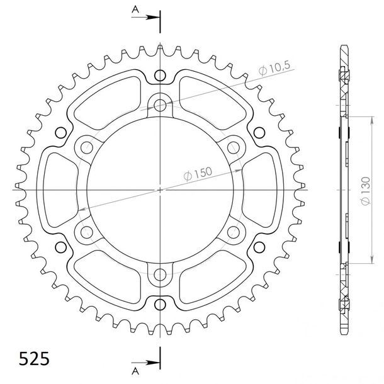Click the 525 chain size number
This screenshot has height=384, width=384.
click(x=34, y=359)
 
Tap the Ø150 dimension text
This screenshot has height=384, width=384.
click(x=198, y=173)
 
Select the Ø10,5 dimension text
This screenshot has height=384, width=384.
click(x=274, y=68)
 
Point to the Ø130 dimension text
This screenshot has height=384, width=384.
click(x=365, y=191)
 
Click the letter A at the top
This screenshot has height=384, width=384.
click(x=135, y=9)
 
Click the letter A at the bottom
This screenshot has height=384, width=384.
click(x=135, y=371)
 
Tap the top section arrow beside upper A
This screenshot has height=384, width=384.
click(x=145, y=17)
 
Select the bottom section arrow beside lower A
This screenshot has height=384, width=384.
click(x=145, y=363)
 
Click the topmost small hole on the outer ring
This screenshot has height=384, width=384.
click(x=160, y=75)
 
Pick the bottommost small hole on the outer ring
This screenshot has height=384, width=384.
click(x=160, y=305)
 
